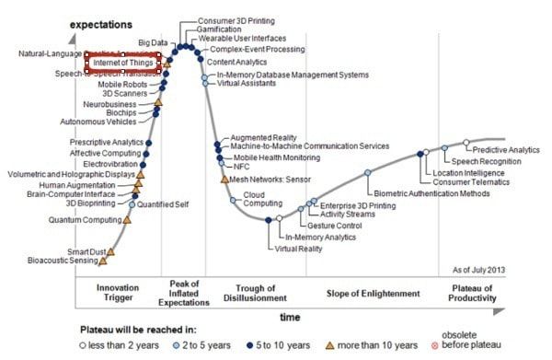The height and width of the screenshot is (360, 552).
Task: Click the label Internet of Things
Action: pyautogui.click(x=123, y=63)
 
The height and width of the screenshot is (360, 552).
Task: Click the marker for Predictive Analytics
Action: pyautogui.click(x=466, y=143)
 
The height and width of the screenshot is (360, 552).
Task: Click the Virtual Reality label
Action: pyautogui.click(x=297, y=249)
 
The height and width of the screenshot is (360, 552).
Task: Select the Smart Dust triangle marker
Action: pyautogui.click(x=111, y=250)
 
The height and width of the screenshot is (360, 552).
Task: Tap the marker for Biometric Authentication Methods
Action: pyautogui.click(x=367, y=173)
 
